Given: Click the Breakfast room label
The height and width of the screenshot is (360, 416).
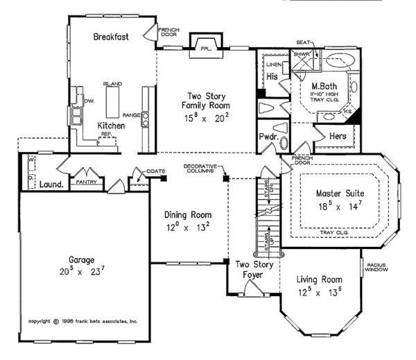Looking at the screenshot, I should point(111,36).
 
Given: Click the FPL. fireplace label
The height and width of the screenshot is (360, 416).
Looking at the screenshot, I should point(205,50).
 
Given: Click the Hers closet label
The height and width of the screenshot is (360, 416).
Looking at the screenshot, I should point(338,136).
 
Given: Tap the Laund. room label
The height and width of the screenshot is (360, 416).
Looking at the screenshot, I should point(51,185).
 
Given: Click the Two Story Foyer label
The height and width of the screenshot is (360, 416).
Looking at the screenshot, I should point(252,269).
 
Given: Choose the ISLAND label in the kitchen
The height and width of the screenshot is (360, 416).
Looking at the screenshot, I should point(112,83).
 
